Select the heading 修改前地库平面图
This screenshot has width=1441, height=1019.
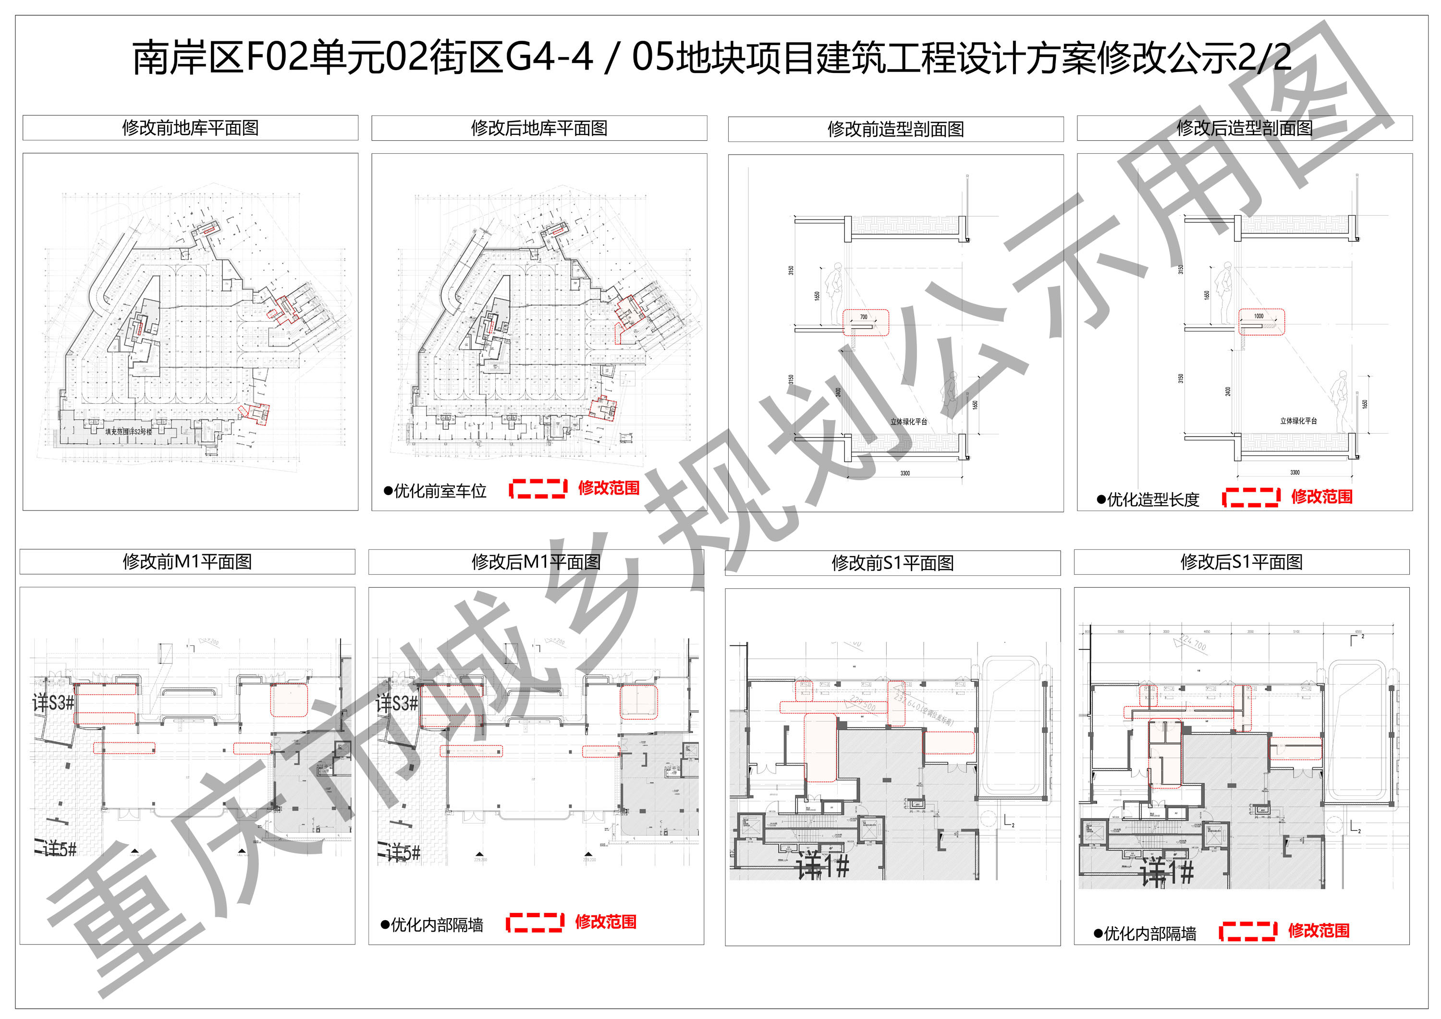tap(190, 128)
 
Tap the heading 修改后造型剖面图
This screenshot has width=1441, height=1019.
tap(1244, 129)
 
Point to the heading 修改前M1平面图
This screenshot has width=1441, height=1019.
tap(187, 561)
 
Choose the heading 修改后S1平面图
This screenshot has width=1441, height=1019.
tap(1241, 562)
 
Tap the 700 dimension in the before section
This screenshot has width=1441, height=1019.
tap(864, 317)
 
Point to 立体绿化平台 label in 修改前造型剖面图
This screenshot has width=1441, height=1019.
tap(908, 422)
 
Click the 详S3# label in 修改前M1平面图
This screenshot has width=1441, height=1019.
tap(53, 703)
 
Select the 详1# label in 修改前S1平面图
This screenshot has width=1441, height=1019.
tap(822, 868)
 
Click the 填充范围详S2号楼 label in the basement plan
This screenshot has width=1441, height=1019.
tap(129, 432)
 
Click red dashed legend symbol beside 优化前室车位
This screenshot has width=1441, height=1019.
tap(538, 488)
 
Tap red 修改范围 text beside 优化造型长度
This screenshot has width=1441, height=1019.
tap(1321, 497)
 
